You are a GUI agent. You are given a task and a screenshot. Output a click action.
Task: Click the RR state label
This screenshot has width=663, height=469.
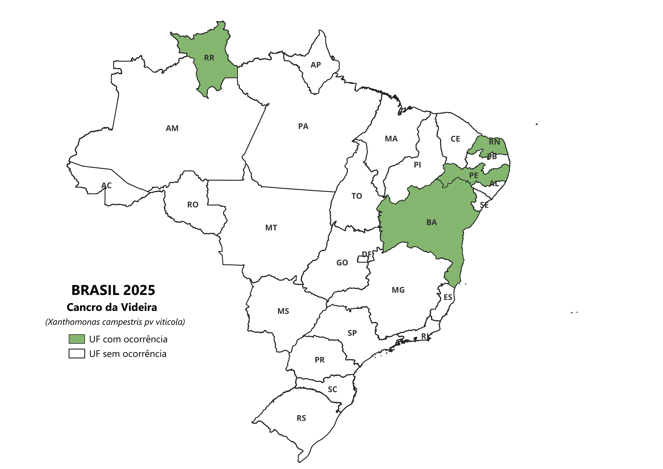[209, 58]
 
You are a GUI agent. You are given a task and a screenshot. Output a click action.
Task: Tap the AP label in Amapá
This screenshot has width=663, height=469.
[316, 65]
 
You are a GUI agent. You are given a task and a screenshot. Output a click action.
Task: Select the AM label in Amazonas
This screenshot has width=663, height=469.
[172, 128]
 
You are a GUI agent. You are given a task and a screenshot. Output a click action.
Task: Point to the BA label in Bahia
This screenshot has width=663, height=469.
[431, 222]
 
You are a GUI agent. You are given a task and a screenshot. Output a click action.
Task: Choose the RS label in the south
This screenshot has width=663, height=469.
[301, 418]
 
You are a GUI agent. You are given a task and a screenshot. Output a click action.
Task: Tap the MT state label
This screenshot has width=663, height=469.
[271, 228]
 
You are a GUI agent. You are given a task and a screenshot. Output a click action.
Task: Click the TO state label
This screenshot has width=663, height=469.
[357, 196]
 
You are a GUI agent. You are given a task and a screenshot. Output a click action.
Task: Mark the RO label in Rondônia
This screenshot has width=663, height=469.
[193, 205]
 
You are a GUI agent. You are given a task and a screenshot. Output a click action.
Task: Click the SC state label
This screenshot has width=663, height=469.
[332, 389]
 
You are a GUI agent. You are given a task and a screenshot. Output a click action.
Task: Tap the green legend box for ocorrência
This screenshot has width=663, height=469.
[77, 339]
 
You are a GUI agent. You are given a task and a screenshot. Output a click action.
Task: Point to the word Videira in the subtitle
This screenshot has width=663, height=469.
[139, 307]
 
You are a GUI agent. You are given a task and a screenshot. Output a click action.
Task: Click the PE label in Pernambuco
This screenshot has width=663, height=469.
[474, 175]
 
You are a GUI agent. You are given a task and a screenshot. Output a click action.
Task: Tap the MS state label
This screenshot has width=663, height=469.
[283, 311]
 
